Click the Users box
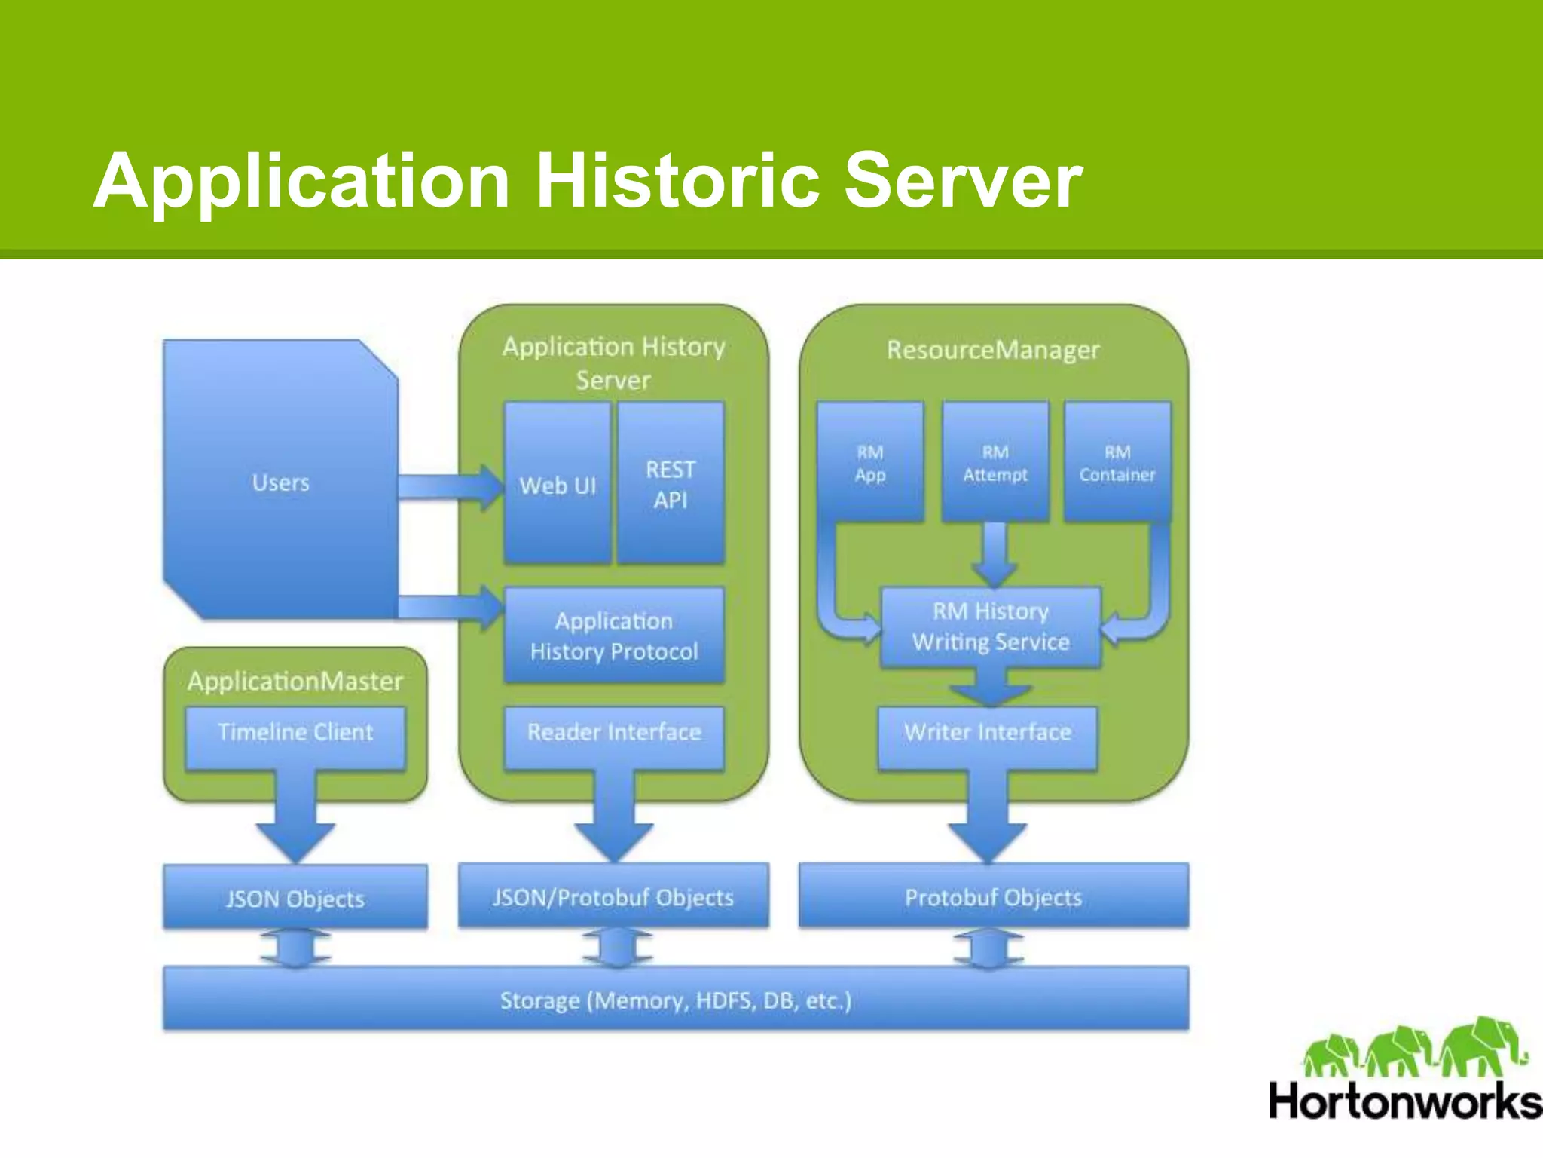point(280,482)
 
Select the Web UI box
point(557,485)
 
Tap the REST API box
point(671,484)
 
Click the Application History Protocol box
point(614,636)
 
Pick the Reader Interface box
point(614,732)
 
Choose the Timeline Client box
point(295,733)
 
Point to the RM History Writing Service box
point(991,627)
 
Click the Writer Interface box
point(988,732)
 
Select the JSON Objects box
point(295,898)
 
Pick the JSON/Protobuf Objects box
point(613,897)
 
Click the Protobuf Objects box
point(993,897)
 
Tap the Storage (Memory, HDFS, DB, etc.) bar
point(676,1000)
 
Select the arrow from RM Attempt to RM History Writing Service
point(995,554)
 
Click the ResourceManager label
point(993,350)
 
